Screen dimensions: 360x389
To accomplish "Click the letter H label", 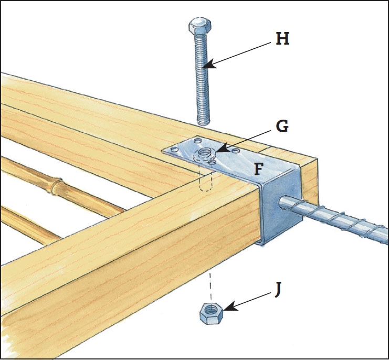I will tap(282, 39).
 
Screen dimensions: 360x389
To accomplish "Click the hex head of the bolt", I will tap(199, 26).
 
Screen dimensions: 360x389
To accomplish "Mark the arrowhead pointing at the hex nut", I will tap(228, 310).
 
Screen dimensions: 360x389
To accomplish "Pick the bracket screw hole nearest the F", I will tap(236, 151).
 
